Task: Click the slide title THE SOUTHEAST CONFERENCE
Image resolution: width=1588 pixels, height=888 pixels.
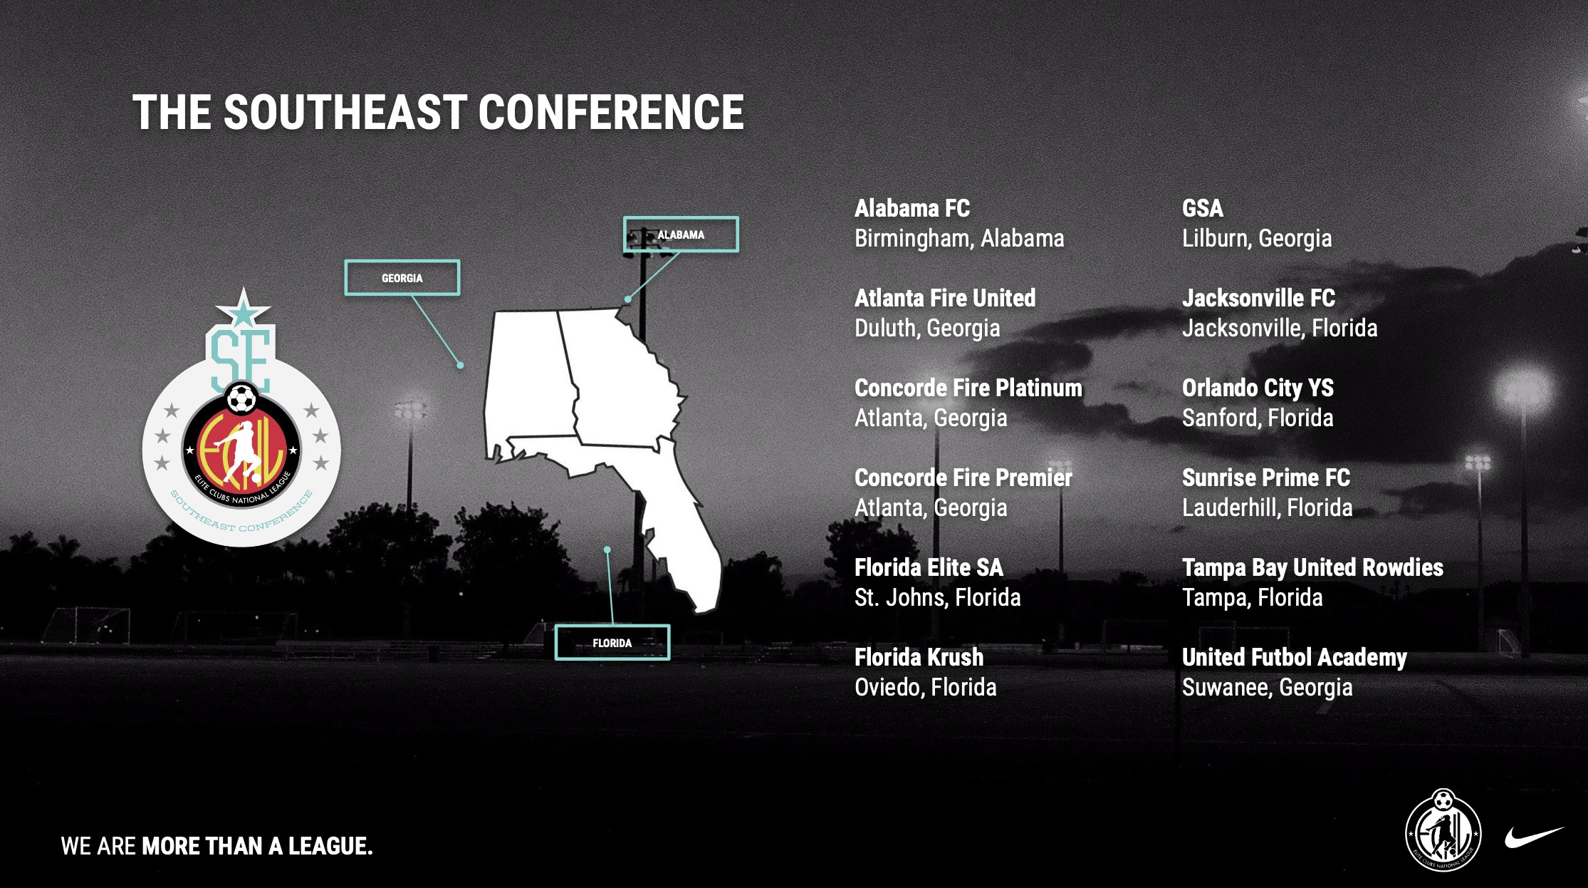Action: coord(438,113)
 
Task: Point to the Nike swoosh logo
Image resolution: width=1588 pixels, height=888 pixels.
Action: coord(1535,837)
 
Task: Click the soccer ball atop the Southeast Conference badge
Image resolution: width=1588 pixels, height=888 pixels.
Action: coord(241,398)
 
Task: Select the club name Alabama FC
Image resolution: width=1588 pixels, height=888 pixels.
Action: coord(912,208)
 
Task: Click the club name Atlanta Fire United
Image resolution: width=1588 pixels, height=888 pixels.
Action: coord(945,298)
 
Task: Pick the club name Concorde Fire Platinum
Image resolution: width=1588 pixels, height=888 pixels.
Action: coord(968,388)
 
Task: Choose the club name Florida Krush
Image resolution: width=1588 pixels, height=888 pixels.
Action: coord(919,657)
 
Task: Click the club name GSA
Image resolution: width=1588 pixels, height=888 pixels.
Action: coord(1203,208)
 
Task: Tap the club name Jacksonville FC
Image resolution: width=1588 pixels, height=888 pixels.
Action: coord(1258,298)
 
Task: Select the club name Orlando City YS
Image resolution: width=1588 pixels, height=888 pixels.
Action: coord(1258,388)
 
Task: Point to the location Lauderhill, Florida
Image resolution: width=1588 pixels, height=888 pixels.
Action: coord(1268,507)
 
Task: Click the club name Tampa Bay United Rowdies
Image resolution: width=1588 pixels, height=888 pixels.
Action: coord(1312,567)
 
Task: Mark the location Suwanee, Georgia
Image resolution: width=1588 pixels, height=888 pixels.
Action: coord(1268,687)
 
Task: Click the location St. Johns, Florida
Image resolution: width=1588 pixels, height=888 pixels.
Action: coord(938,597)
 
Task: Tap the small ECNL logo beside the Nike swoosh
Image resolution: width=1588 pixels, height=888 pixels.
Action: coord(1443,830)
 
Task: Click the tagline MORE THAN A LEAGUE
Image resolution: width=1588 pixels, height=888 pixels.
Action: coord(257,846)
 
